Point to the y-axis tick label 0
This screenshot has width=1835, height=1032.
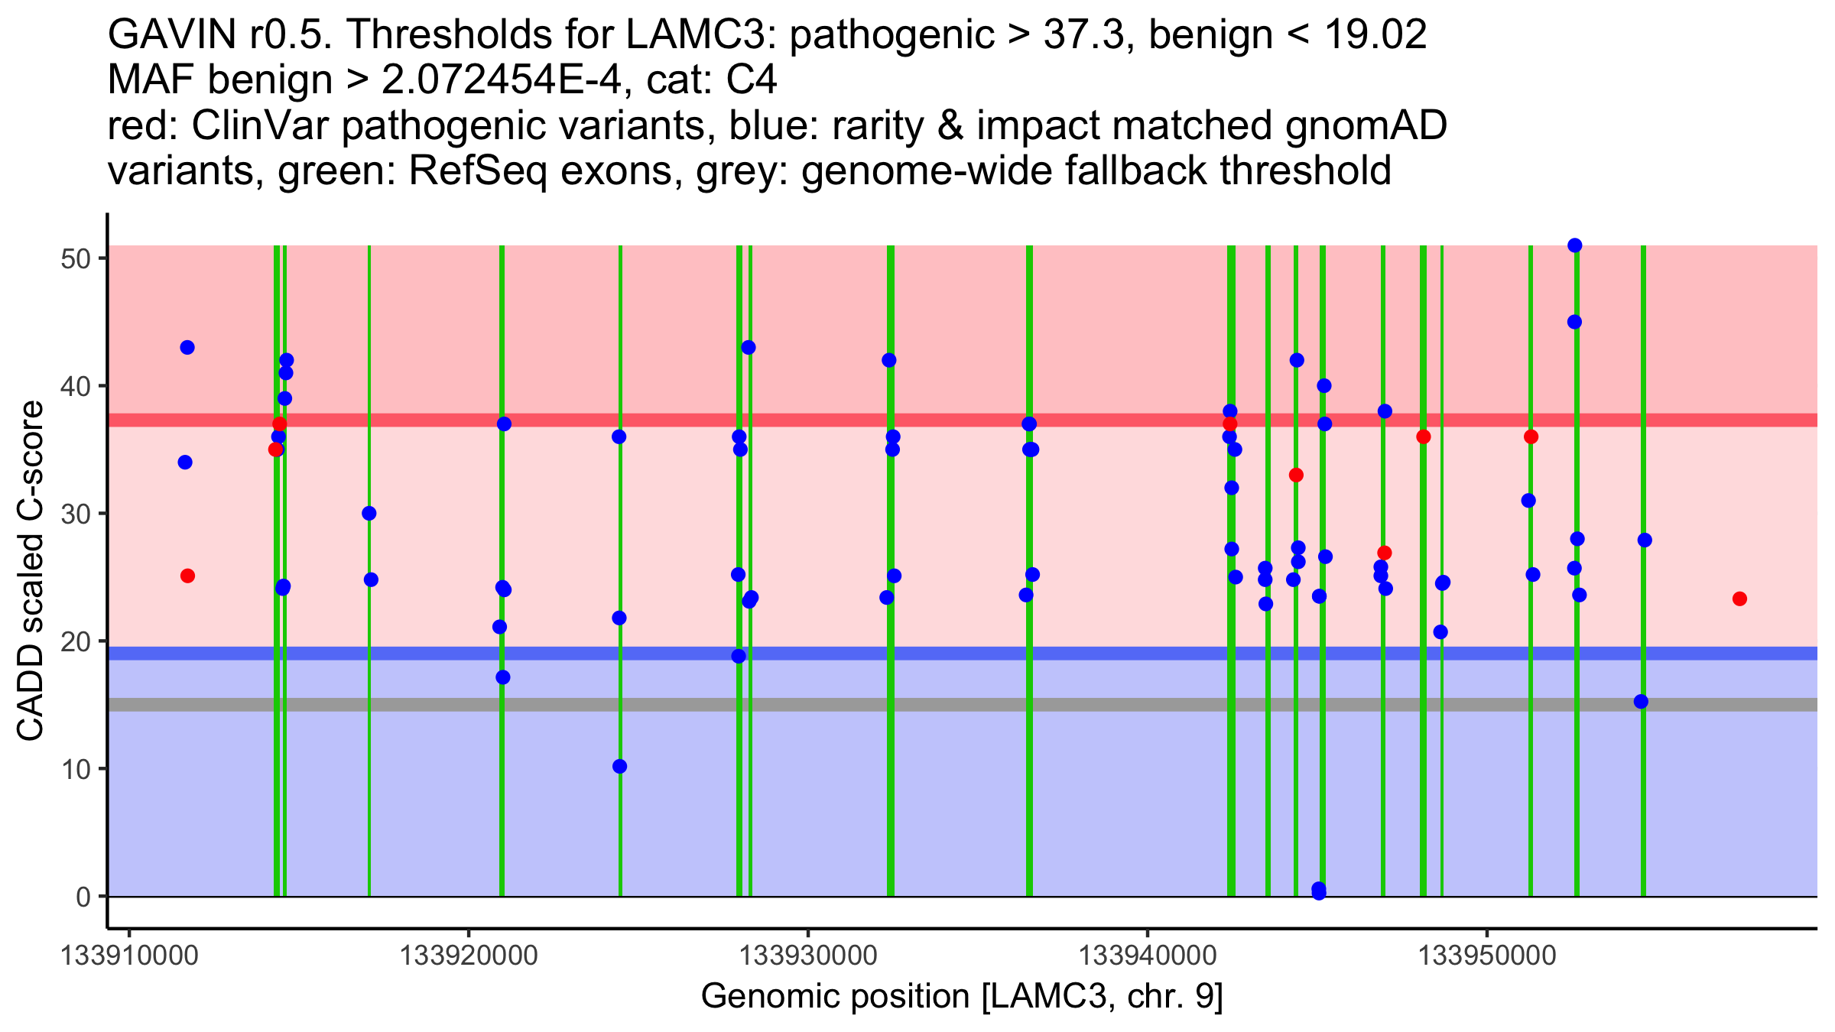click(83, 897)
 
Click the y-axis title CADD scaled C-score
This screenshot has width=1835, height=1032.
click(31, 571)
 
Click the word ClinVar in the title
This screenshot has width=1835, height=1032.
click(261, 126)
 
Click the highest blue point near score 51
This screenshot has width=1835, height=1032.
click(1574, 245)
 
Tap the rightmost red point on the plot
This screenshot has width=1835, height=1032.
click(1739, 599)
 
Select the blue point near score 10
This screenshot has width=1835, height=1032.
click(620, 767)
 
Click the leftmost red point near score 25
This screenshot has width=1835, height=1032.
click(187, 576)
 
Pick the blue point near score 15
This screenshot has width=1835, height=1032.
click(1641, 702)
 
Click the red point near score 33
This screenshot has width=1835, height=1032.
click(1296, 475)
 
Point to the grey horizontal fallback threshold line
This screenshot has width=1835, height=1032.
click(917, 704)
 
